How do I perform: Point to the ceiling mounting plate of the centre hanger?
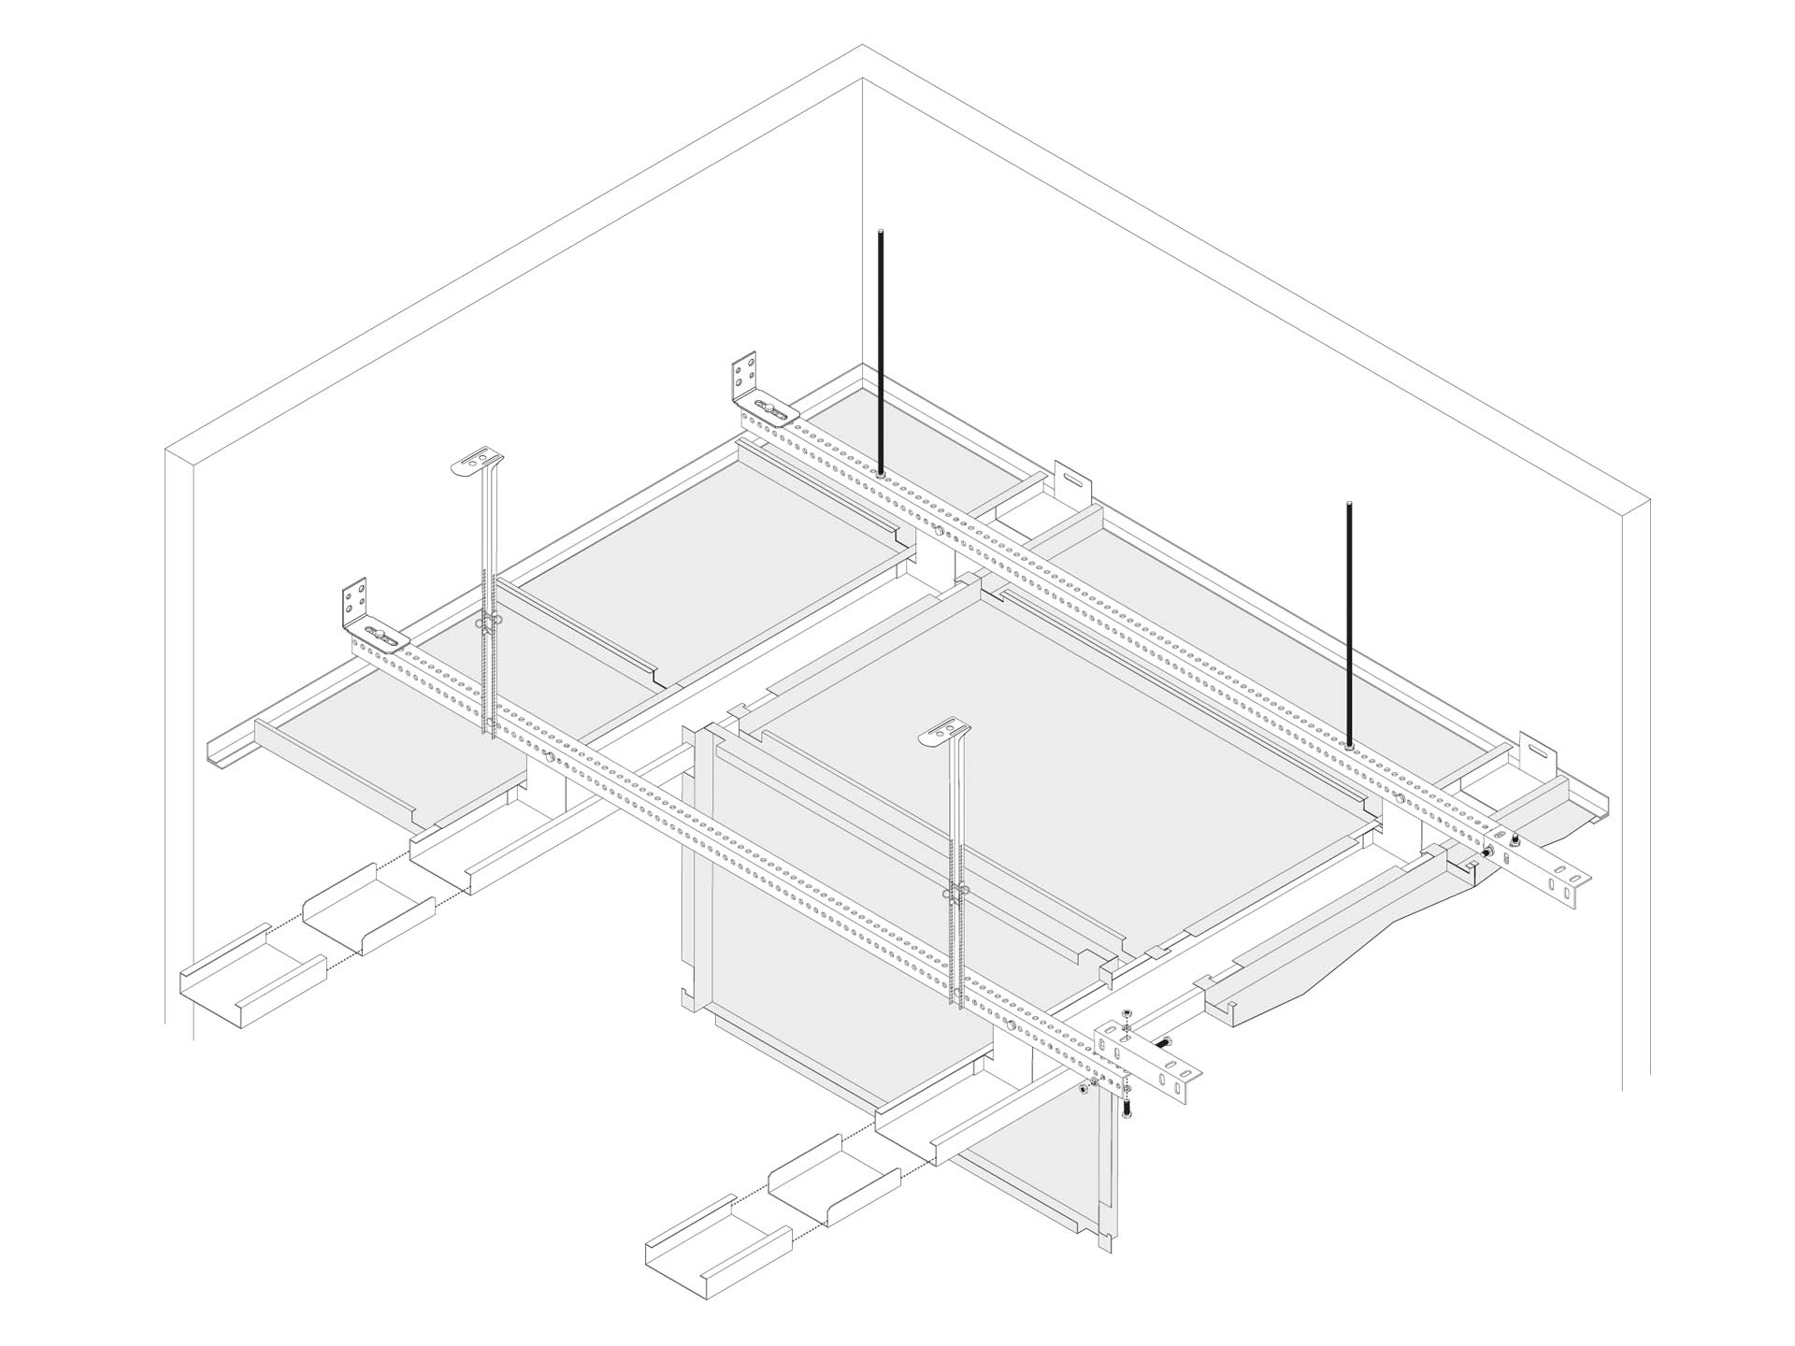(x=945, y=734)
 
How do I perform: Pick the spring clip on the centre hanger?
(x=956, y=893)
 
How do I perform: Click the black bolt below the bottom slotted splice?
(x=1126, y=1109)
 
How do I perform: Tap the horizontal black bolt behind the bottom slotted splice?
(x=1165, y=1043)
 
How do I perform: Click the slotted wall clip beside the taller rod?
(x=1072, y=482)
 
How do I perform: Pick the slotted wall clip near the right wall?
(x=1537, y=752)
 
